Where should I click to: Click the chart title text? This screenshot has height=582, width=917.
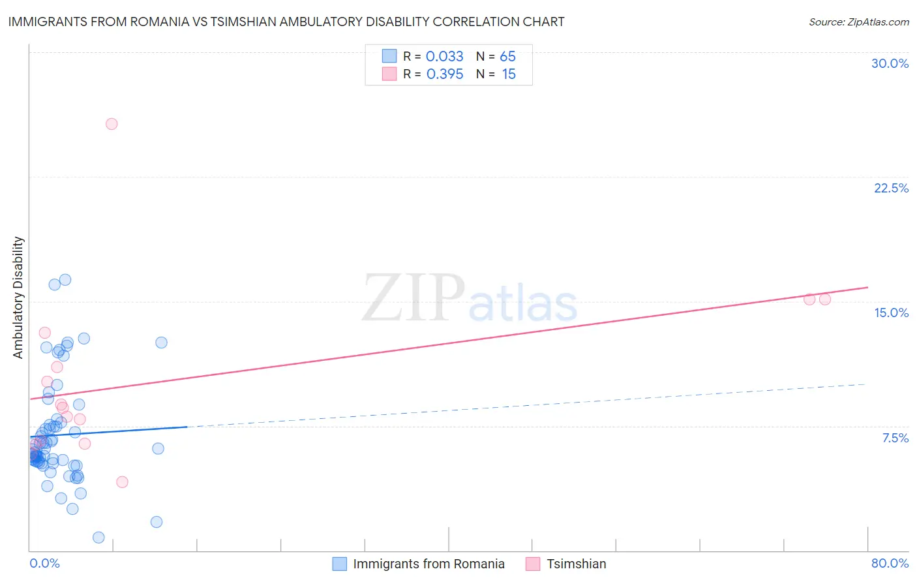click(x=286, y=22)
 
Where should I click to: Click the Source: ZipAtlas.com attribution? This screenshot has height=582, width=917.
click(x=858, y=22)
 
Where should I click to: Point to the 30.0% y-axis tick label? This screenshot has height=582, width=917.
click(x=890, y=63)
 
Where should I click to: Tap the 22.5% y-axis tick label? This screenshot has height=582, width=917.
click(x=891, y=188)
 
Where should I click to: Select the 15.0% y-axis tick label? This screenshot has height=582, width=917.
click(x=891, y=313)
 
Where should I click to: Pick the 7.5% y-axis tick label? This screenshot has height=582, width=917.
click(x=895, y=438)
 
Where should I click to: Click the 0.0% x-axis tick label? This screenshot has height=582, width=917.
click(x=44, y=563)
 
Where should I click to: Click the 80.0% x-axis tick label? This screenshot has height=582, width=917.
click(x=890, y=563)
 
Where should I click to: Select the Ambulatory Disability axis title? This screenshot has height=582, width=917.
click(x=18, y=297)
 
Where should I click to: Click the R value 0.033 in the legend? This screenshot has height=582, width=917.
click(x=444, y=57)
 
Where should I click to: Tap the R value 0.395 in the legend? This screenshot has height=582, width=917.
click(x=444, y=74)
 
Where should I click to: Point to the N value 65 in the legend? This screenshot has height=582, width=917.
click(x=507, y=57)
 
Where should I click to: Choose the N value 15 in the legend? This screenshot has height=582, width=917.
click(x=509, y=74)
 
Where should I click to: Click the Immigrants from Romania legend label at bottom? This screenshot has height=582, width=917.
click(x=428, y=564)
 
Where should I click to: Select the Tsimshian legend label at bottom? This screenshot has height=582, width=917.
click(x=576, y=564)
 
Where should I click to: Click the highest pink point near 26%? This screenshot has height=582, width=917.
click(x=112, y=124)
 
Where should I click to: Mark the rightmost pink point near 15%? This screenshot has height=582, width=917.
click(x=824, y=299)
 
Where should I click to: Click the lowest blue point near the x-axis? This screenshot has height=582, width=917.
click(x=98, y=538)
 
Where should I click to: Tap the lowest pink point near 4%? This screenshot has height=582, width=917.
click(x=122, y=482)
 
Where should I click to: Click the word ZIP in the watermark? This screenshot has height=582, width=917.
click(x=413, y=298)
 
